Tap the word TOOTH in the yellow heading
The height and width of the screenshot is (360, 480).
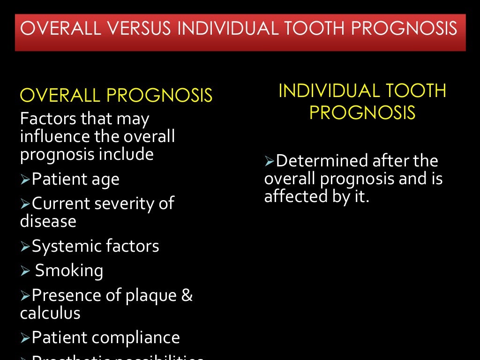click(417, 90)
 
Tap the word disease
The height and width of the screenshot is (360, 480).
click(48, 221)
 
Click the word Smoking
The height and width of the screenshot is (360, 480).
click(69, 270)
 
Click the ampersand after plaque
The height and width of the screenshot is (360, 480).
click(187, 295)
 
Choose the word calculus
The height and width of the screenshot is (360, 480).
click(50, 313)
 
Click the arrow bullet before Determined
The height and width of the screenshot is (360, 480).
click(269, 162)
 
